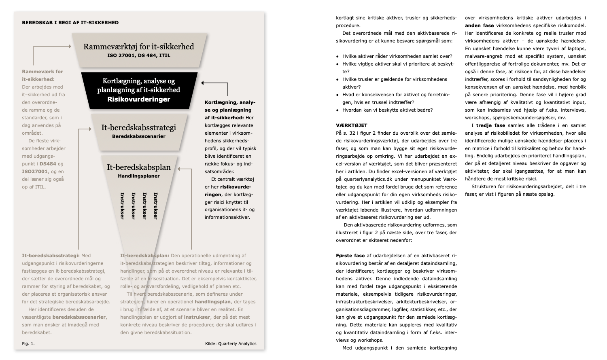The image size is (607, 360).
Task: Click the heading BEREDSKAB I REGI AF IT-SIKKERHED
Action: click(70, 23)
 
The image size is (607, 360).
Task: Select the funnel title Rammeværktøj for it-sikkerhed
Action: click(138, 47)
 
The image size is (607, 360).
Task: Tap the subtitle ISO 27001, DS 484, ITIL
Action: click(138, 55)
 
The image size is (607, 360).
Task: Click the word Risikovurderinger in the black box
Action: click(138, 99)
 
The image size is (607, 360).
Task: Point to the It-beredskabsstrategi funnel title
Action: click(138, 128)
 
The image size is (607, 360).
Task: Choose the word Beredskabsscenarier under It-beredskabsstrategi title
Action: click(138, 136)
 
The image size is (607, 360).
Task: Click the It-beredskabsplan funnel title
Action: click(138, 167)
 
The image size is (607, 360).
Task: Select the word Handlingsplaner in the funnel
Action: click(138, 176)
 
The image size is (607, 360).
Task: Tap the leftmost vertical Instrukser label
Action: click(122, 206)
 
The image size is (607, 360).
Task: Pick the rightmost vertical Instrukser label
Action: click(156, 206)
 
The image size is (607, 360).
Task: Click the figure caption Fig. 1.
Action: click(28, 344)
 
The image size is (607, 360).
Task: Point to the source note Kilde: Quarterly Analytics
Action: click(231, 344)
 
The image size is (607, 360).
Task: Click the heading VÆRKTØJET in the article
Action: click(352, 125)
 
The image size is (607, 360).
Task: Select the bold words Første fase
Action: click(350, 256)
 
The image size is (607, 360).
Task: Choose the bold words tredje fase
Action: click(490, 125)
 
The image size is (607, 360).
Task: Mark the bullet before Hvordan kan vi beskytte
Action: click(337, 110)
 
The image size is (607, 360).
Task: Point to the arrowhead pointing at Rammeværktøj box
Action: click(70, 47)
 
